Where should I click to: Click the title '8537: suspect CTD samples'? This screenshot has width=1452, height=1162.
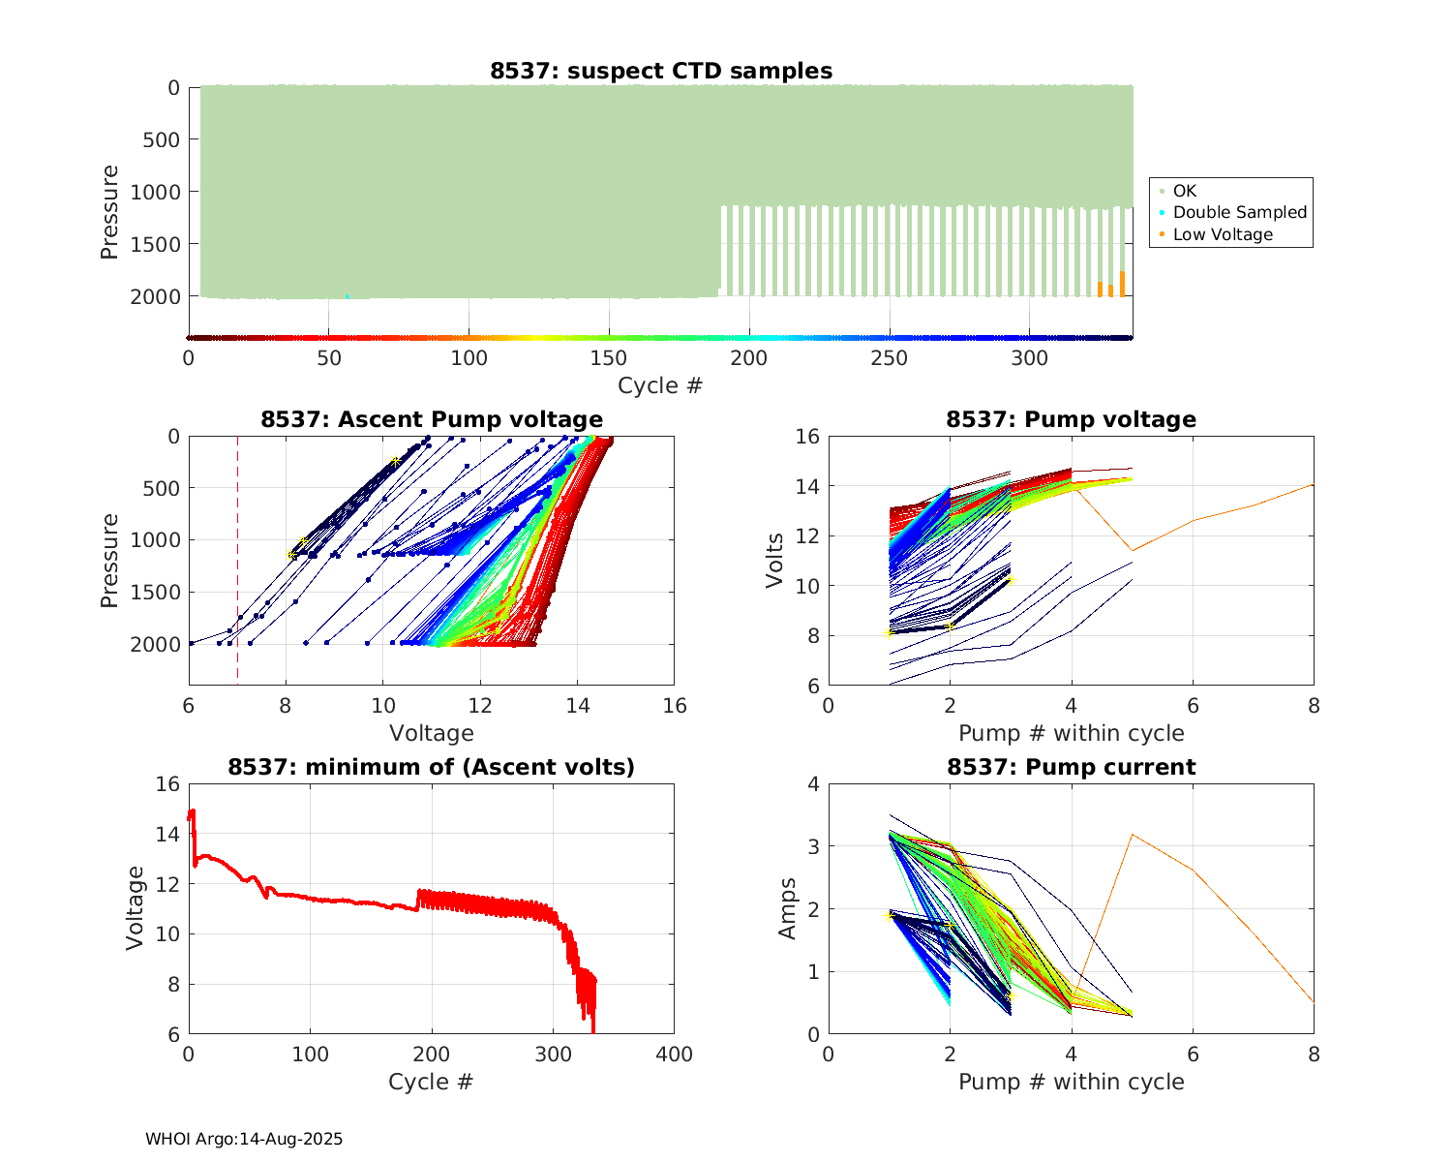660,71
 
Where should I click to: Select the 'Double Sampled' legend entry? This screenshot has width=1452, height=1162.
1239,212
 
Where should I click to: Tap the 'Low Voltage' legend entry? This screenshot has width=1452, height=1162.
1223,234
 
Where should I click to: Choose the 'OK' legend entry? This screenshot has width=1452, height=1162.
1185,191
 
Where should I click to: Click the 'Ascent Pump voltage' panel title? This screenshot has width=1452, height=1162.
432,419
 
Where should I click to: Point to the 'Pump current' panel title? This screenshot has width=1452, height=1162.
1071,767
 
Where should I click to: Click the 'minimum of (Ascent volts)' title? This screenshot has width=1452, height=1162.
432,767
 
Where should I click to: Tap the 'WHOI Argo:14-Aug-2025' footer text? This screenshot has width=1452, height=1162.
244,1139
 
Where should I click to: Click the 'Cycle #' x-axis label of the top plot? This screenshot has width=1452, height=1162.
660,385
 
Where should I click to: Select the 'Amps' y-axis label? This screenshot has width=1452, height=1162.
788,908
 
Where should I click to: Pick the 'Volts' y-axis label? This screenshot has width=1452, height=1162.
774,561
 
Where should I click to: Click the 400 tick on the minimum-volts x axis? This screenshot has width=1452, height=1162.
674,1054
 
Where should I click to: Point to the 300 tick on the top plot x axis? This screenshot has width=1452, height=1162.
1029,358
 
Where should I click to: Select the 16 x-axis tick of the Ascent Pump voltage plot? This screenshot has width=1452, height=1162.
674,706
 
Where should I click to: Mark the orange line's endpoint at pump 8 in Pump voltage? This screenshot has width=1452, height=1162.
1314,484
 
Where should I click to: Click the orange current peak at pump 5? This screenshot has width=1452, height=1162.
1132,835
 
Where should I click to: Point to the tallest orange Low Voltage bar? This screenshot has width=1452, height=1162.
1122,284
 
